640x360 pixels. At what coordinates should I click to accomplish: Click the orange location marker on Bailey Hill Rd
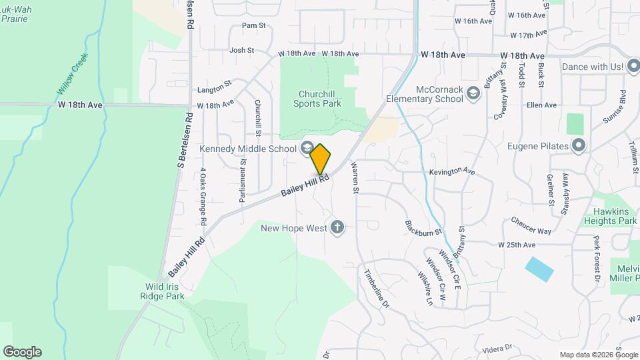pos(321,159)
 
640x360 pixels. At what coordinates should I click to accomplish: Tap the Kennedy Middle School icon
pos(307,147)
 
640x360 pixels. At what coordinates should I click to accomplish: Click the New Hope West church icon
pos(337,228)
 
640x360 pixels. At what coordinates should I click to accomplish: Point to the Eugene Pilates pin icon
pos(579,145)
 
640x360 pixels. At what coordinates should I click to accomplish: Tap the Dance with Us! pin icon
pos(634,67)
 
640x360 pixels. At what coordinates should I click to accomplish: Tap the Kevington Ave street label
pos(451,171)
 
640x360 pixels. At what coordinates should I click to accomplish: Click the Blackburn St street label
pos(423,227)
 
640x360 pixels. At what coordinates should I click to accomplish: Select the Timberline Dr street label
pos(375,288)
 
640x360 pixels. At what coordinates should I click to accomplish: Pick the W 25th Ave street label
pos(517,245)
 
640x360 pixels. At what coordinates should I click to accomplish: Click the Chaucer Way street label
pos(531,225)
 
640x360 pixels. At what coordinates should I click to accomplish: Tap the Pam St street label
pos(253,26)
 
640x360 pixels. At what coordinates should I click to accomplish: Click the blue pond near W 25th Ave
pos(539,269)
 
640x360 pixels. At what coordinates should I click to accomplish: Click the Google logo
pos(22,352)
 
